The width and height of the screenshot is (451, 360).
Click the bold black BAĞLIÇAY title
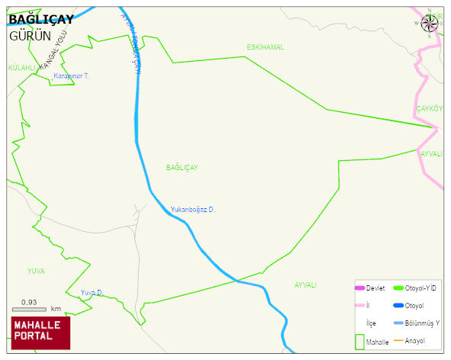(41, 20)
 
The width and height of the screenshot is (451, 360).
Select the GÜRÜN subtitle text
(30, 36)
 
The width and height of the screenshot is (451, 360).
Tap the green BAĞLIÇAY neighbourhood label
(182, 167)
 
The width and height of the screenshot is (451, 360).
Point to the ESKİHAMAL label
(265, 47)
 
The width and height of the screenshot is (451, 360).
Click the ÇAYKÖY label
(429, 109)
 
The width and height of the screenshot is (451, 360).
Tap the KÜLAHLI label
(22, 68)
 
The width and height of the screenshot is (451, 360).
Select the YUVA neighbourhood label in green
(36, 271)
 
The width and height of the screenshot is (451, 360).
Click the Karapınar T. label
(72, 76)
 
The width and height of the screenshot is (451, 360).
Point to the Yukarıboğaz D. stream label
(192, 209)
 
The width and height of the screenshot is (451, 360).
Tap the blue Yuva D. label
(92, 292)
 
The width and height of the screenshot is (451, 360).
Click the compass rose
(430, 23)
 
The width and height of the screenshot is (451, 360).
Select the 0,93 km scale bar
(36, 307)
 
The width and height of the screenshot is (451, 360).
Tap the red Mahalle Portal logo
(40, 332)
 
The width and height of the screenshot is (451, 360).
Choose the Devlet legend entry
(369, 288)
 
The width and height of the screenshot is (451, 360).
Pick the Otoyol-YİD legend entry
(414, 288)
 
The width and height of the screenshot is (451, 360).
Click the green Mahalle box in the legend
(360, 341)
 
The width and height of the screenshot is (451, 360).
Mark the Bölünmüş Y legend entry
(416, 323)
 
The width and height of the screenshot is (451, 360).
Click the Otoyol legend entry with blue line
(409, 305)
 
